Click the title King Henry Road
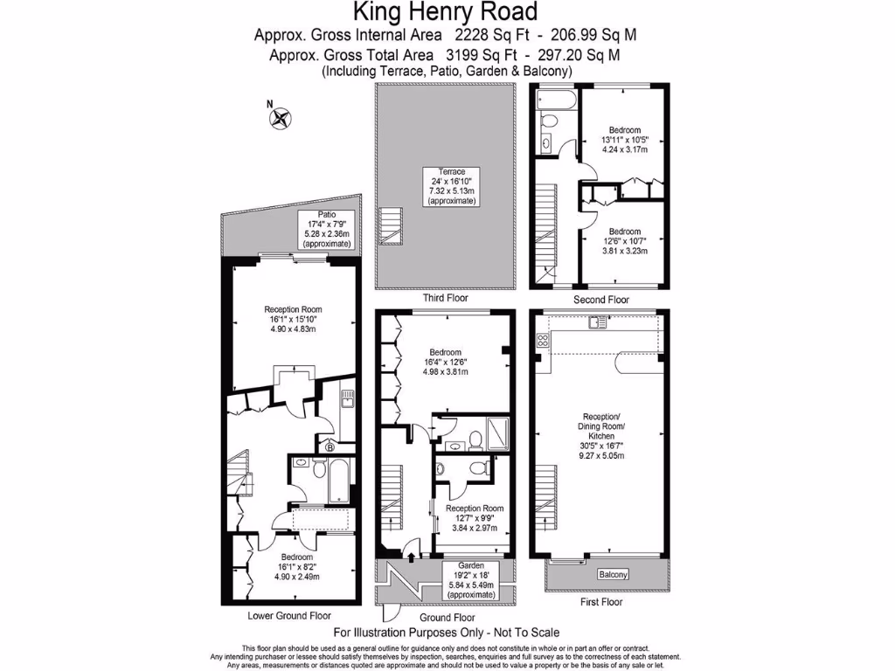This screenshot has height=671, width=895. [445, 12]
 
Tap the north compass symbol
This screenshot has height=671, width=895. [281, 117]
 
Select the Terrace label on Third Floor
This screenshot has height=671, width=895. [452, 186]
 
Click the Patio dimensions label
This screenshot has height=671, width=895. [326, 230]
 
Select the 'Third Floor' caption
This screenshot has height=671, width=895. [445, 298]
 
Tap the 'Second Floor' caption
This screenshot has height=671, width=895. [601, 300]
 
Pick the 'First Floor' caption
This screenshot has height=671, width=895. [600, 603]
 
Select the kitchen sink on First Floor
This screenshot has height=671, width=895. [599, 324]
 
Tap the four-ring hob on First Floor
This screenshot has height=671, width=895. [543, 342]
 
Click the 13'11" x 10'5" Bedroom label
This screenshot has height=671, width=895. [625, 140]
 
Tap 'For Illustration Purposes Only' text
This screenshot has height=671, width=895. [447, 633]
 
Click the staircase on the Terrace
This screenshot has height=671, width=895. [392, 226]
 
